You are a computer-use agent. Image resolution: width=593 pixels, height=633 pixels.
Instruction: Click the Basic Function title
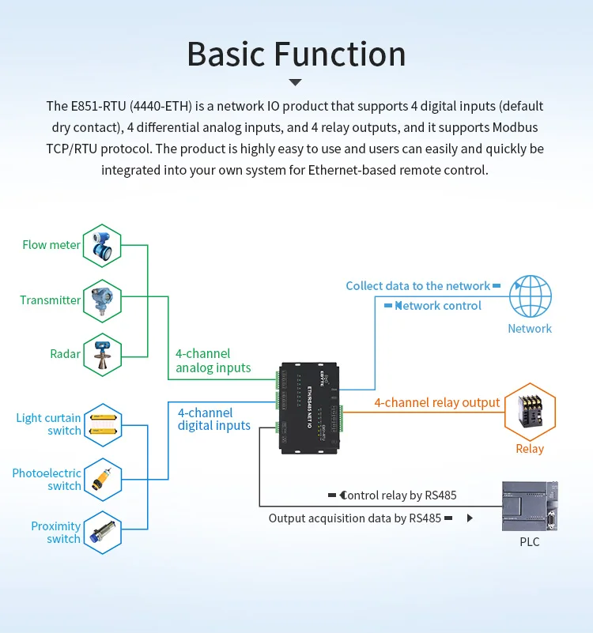296,55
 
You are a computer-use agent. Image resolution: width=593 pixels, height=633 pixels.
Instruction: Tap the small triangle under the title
296,82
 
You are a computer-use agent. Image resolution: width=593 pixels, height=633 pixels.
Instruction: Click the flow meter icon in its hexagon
103,245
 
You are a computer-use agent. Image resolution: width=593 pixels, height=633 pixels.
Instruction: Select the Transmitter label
51,300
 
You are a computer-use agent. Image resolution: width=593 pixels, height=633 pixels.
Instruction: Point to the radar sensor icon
103,354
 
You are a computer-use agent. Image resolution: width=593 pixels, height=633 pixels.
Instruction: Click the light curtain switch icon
103,424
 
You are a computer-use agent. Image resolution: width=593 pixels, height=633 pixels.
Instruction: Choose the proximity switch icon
103,532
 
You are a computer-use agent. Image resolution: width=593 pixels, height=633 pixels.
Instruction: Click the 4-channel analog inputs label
213,360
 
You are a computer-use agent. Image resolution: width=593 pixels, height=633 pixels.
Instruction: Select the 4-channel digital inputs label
213,420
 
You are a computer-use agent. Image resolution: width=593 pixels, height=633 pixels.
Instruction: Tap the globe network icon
530,296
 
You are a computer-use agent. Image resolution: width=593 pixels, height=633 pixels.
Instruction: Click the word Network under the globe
530,329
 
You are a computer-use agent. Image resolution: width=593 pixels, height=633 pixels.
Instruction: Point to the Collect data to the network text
417,286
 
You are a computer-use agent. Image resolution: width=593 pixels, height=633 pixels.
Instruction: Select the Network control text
438,306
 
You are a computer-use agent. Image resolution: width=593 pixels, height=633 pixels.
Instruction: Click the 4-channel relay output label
436,403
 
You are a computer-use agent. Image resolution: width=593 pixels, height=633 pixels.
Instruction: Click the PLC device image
530,506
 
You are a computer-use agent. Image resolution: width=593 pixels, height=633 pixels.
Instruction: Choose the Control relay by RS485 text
398,495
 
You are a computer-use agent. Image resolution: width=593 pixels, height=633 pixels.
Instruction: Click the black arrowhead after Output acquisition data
470,518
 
